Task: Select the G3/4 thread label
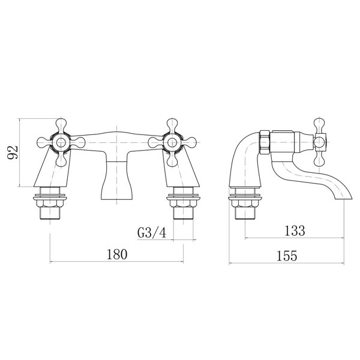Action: coord(152,231)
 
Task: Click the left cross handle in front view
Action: coord(61,142)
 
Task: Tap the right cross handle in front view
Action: coord(172,142)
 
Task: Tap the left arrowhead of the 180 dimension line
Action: coord(50,262)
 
